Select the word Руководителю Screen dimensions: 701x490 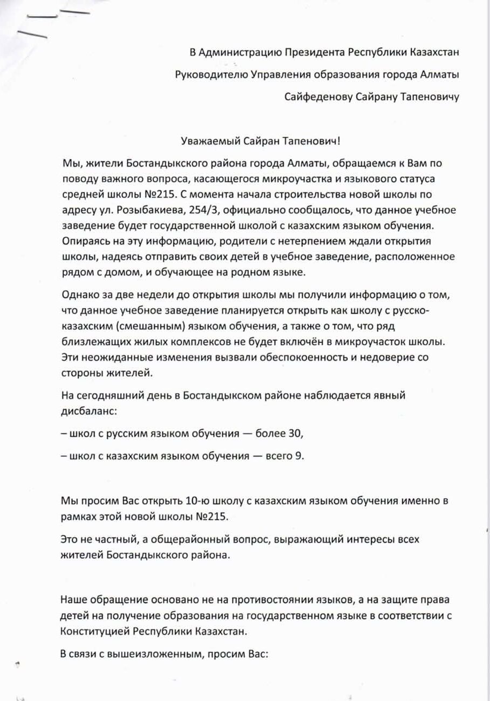click(211, 74)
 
